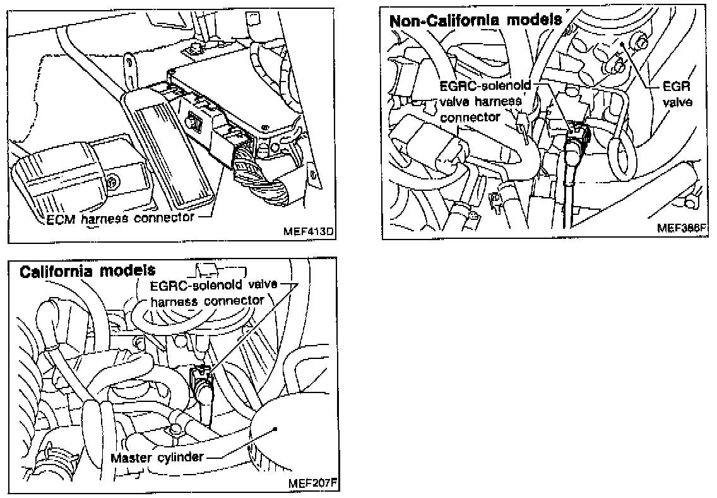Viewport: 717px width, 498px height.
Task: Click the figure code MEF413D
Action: tap(309, 232)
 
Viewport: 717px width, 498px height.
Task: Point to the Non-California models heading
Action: tap(475, 20)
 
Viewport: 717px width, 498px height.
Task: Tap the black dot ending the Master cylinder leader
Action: tap(276, 429)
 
